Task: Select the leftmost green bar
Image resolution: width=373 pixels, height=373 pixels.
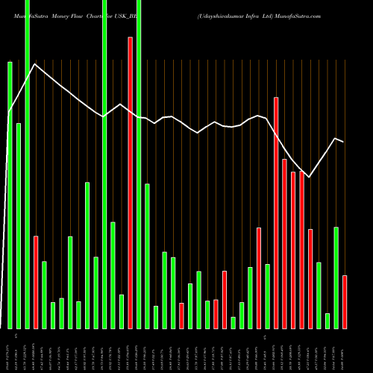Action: click(10, 194)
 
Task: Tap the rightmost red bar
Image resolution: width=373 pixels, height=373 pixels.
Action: click(345, 301)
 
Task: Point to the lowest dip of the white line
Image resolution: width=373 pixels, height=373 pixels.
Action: click(309, 177)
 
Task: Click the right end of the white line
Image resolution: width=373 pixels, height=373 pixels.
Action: click(344, 142)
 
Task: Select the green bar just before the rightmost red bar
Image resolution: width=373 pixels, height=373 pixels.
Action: click(336, 277)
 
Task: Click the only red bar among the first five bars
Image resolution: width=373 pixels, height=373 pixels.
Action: click(35, 282)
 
